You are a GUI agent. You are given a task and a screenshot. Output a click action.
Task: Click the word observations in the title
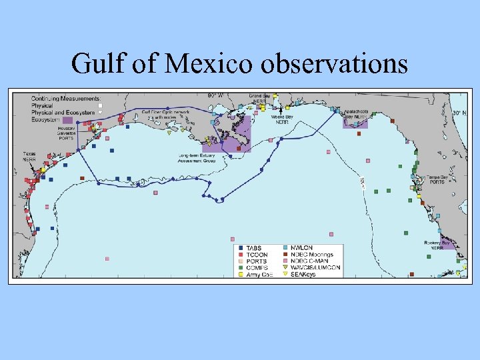point(335,63)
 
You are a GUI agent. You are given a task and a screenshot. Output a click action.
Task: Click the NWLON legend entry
point(301,248)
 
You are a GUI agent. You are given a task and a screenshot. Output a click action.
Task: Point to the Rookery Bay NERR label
point(436,245)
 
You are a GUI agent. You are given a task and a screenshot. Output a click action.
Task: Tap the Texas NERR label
point(30,157)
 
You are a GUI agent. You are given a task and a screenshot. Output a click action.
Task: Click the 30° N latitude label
point(457,113)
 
